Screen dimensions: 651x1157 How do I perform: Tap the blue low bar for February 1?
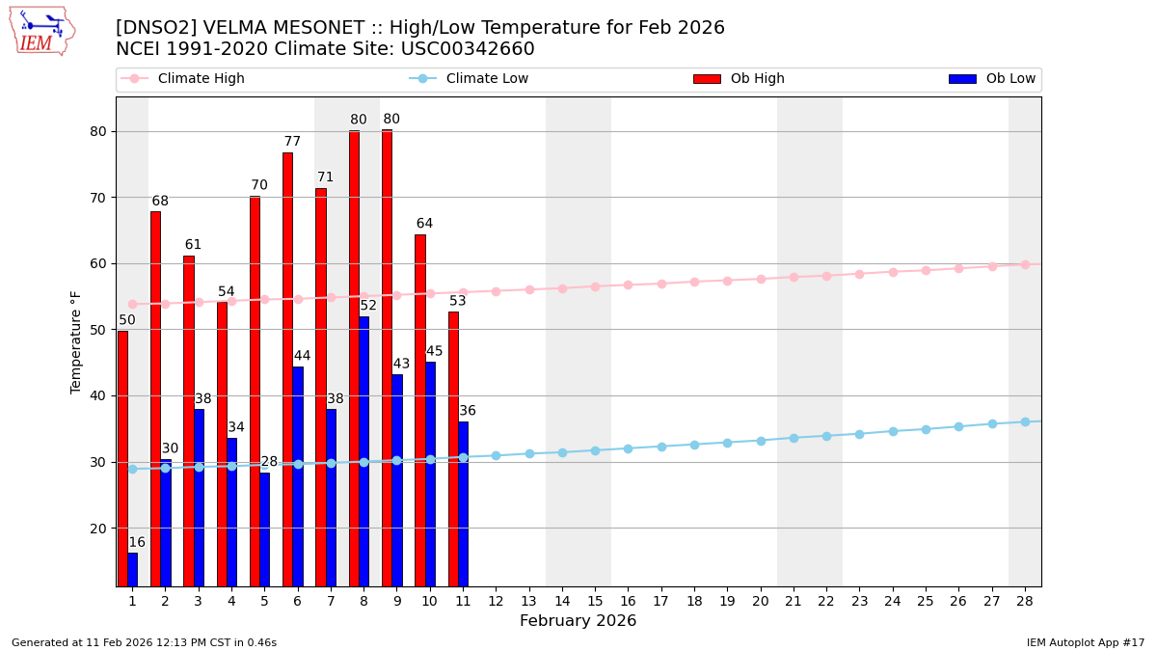pos(132,569)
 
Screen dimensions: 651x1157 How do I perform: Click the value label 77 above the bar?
pos(292,142)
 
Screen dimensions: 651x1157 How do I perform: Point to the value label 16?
pos(137,543)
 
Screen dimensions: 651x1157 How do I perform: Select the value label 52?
pos(368,306)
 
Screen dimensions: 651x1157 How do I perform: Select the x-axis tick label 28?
pos(1025,601)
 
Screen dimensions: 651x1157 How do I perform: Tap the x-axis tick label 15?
pos(595,601)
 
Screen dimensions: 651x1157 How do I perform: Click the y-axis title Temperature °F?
pos(76,341)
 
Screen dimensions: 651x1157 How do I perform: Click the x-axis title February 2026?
pos(578,621)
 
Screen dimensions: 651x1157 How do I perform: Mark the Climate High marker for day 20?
pos(761,279)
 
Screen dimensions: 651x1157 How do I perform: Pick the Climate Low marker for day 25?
pos(926,429)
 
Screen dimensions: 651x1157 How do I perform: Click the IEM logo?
pos(42,31)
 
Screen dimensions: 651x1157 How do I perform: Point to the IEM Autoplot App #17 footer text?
pos(1085,642)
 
